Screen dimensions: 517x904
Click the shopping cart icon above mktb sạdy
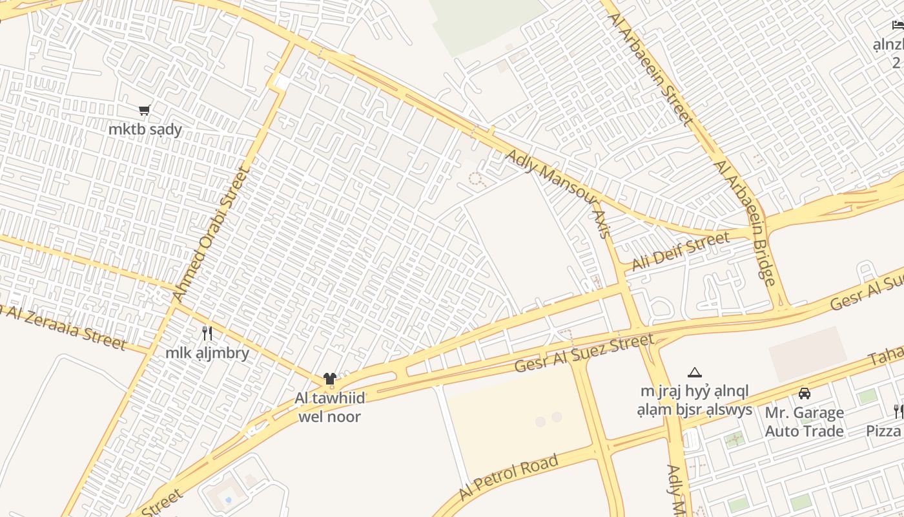[x=145, y=111]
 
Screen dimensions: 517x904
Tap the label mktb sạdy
[x=145, y=129]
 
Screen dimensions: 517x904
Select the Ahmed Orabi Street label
[x=211, y=235]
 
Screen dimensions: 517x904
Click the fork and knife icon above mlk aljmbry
[x=207, y=333]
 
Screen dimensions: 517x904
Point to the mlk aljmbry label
[x=207, y=353]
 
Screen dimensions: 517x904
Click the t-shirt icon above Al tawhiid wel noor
[x=330, y=379]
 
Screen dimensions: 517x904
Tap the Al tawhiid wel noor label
[x=330, y=407]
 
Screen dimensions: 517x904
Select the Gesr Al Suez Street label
[x=584, y=353]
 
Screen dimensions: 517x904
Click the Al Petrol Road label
[x=508, y=478]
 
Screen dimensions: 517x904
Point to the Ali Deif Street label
[x=681, y=252]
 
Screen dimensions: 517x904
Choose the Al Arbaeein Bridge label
[x=745, y=222]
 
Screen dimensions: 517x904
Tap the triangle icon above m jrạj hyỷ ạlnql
[x=695, y=372]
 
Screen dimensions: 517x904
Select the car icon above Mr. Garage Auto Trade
[x=805, y=393]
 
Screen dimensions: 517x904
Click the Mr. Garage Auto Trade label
[x=805, y=421]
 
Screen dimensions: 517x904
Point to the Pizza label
[x=883, y=430]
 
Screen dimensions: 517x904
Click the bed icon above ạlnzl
[x=898, y=25]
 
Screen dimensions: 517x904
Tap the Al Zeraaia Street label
[x=65, y=325]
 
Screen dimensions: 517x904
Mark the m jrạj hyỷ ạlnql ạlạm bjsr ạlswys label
[x=695, y=400]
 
